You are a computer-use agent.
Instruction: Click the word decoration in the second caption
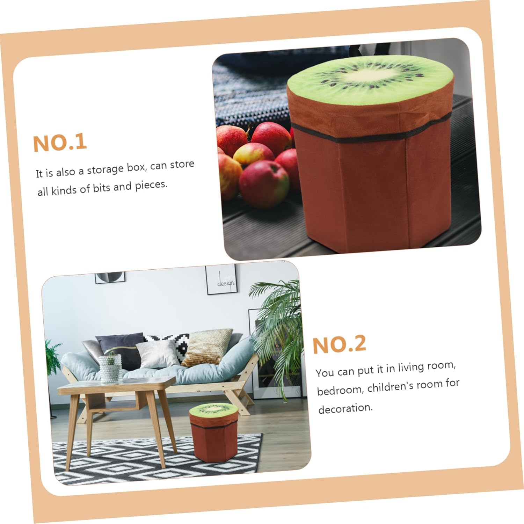345,408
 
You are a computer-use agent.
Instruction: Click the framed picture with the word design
221,280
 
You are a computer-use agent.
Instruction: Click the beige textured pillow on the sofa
207,347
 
